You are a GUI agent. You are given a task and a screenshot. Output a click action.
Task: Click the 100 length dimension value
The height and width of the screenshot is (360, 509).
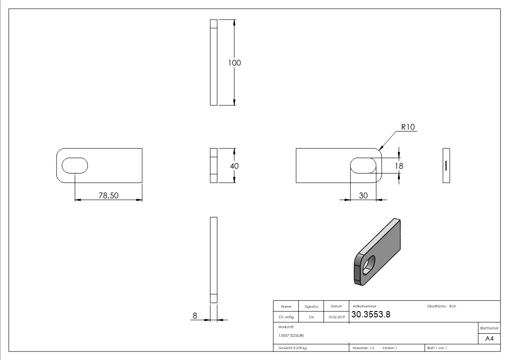tap(234, 63)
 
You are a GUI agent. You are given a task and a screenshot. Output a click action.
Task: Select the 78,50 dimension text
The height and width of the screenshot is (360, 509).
tap(109, 195)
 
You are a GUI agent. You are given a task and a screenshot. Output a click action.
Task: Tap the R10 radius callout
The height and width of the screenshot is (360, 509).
tap(408, 127)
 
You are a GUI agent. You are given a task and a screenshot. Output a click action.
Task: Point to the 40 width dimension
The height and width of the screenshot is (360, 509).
tap(234, 166)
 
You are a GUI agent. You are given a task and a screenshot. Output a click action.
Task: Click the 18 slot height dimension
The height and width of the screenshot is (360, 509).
tap(399, 166)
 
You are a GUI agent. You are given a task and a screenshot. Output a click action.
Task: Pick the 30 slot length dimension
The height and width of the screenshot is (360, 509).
tap(363, 195)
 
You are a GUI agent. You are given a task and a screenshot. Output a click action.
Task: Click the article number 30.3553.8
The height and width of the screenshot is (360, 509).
tap(371, 315)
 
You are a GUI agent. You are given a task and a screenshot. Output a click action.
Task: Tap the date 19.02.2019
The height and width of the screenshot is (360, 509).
tap(336, 317)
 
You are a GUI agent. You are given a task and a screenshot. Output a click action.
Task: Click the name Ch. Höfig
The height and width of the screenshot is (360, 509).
tap(286, 317)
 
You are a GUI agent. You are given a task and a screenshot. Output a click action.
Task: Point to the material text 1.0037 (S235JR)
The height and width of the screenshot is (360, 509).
tap(291, 336)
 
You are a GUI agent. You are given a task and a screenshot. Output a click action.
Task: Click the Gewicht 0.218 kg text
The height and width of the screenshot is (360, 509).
tap(292, 348)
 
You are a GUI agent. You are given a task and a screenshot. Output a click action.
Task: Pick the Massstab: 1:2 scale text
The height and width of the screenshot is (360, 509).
tap(364, 348)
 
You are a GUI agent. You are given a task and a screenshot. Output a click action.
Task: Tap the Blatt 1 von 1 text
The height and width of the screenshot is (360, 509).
tap(437, 348)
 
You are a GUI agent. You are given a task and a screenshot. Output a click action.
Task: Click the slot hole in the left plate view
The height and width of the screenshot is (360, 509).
tap(75, 165)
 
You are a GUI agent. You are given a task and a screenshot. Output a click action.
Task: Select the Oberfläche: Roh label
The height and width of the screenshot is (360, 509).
tap(441, 306)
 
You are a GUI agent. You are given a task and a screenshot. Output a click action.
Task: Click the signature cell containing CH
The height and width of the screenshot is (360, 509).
tap(311, 317)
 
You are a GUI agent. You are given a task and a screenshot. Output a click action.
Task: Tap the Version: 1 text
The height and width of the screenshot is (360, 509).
tap(390, 348)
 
